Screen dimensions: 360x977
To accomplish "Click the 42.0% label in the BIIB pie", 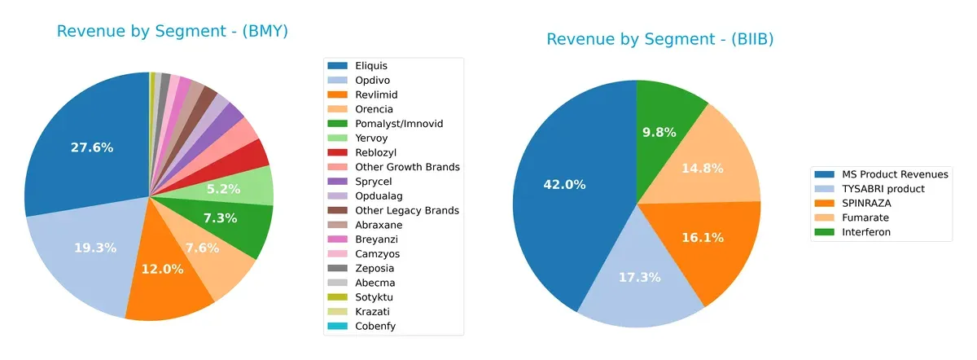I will [x=564, y=184].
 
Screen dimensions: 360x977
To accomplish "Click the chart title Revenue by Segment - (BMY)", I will [x=173, y=32].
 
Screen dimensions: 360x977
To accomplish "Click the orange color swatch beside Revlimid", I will [x=338, y=94].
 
